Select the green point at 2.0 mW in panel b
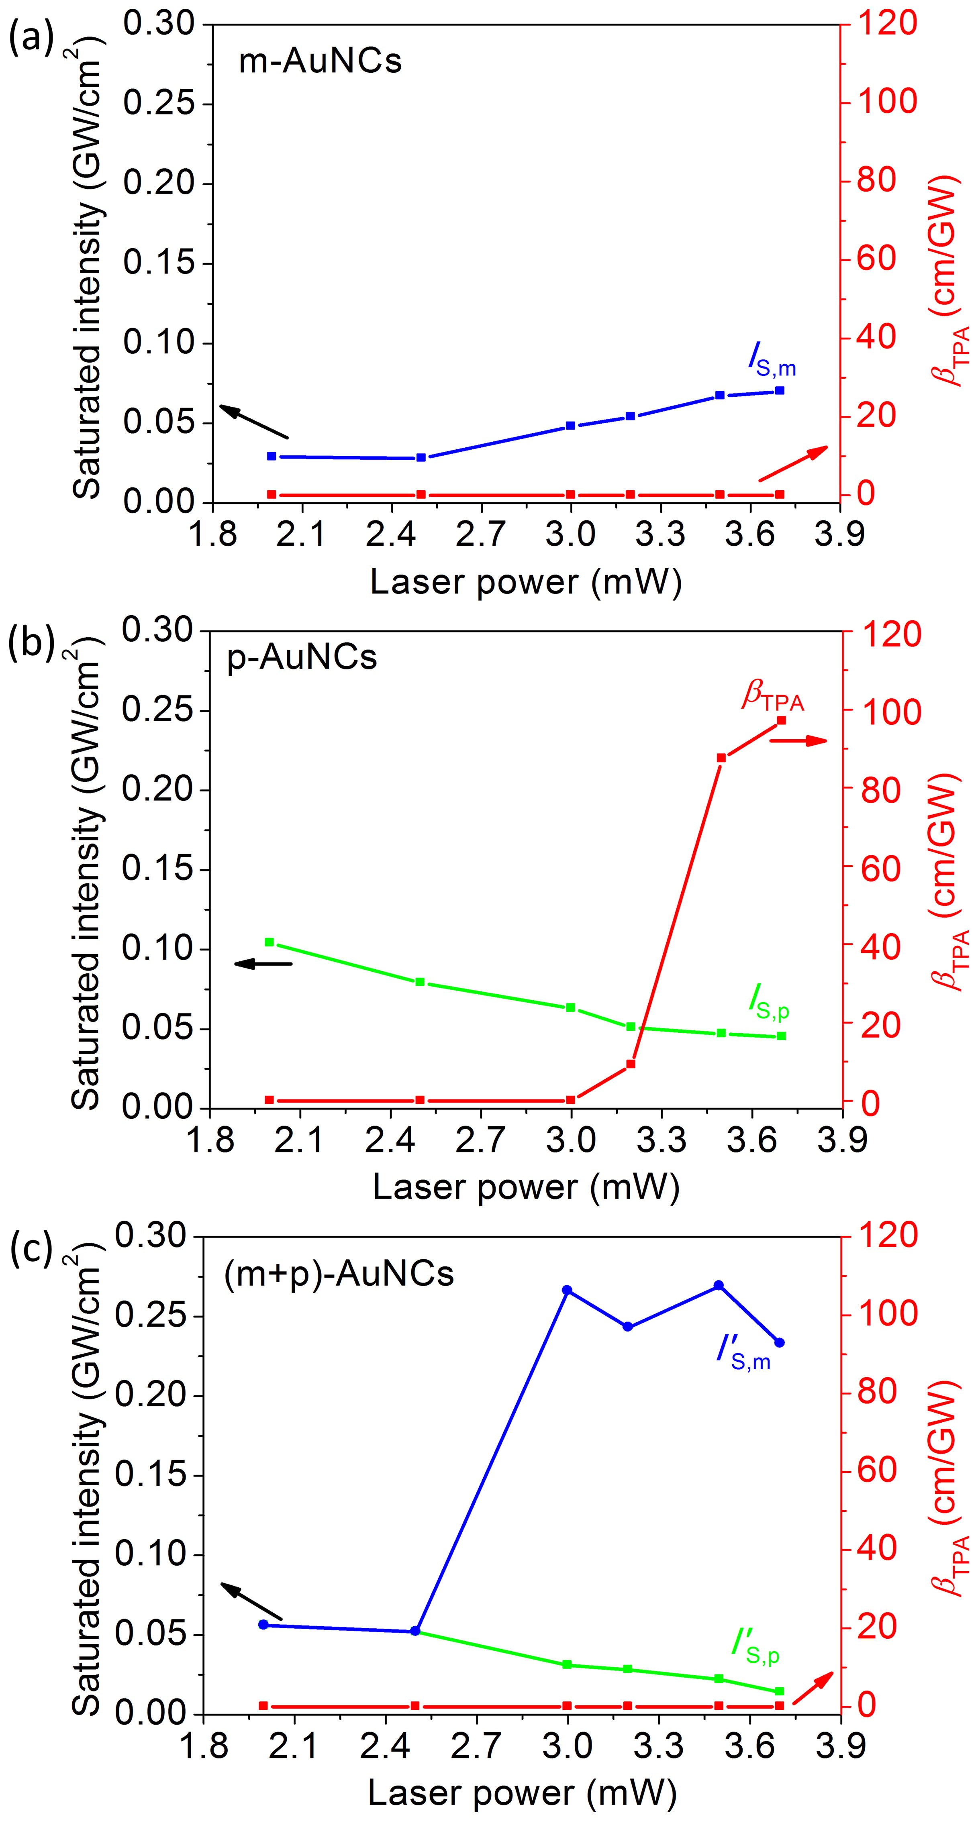[x=270, y=942]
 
